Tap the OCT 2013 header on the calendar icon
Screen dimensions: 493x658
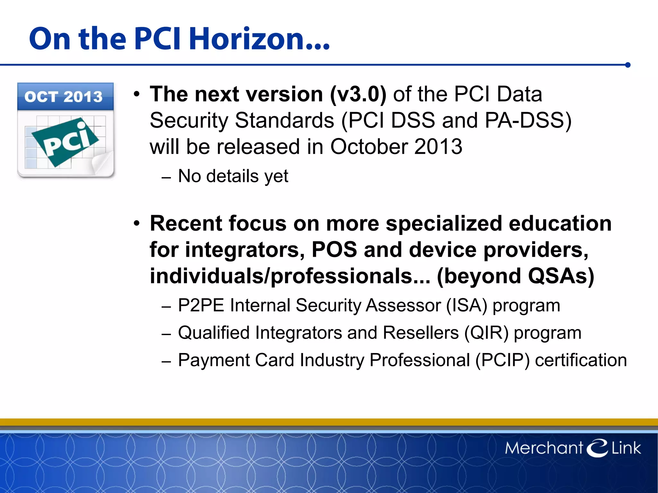[64, 97]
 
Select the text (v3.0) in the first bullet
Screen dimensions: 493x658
[358, 94]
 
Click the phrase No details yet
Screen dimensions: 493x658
[233, 176]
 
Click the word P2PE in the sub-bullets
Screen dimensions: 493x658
[201, 305]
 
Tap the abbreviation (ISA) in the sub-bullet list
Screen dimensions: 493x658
[467, 305]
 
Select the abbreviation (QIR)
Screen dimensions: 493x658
[486, 333]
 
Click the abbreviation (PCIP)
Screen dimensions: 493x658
[502, 360]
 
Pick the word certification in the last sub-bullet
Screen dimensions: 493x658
[581, 360]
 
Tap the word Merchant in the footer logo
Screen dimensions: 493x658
[544, 448]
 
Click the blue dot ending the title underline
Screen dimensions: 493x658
[628, 65]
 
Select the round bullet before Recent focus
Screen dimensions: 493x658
[137, 224]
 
